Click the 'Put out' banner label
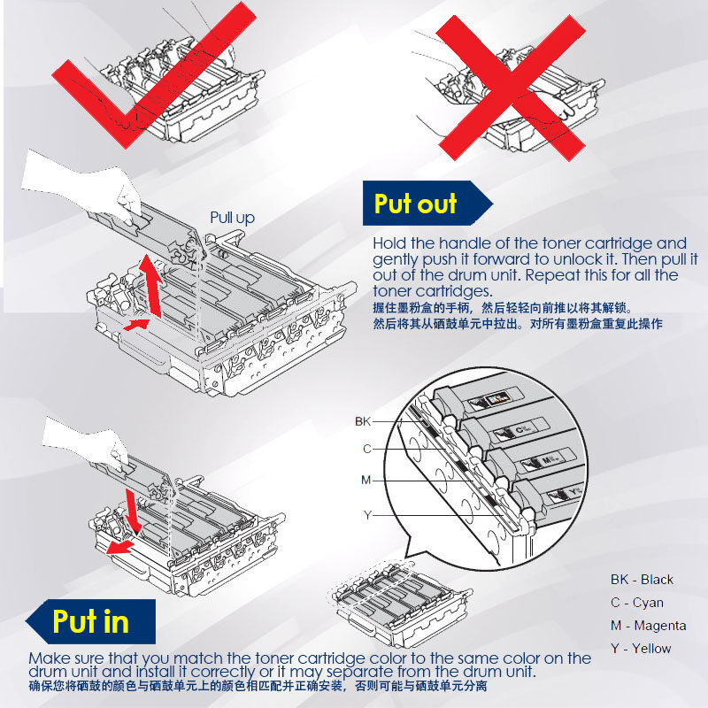coord(415,204)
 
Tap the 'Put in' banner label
coord(91,621)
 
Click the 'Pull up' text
coord(233,218)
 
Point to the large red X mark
coord(511,88)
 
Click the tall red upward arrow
coord(151,286)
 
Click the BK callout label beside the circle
coord(363,421)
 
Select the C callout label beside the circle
coord(367,449)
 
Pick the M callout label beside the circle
coord(366,480)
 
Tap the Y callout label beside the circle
coord(367,515)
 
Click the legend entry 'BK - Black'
coord(642,580)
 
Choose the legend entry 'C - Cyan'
coord(637,603)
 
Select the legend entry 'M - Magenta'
coord(649,626)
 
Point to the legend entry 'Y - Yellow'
coord(641,649)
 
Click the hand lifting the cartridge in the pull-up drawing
coord(86,185)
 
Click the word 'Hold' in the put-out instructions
coord(389,243)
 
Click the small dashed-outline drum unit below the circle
coord(399,602)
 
